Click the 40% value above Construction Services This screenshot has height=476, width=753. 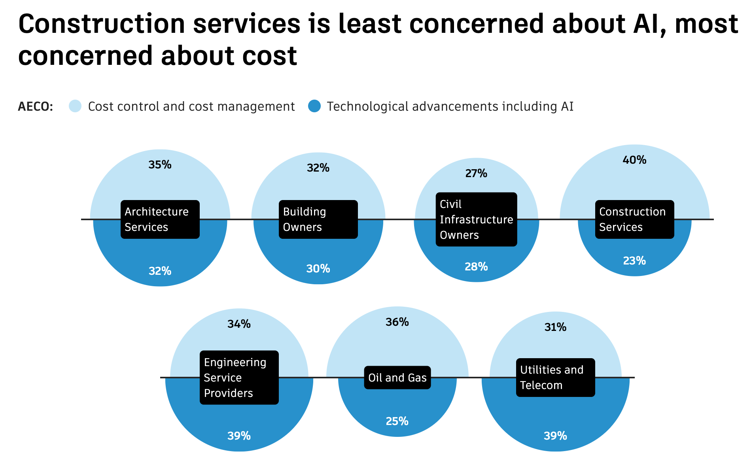click(x=634, y=160)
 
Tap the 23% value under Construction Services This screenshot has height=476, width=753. click(x=634, y=261)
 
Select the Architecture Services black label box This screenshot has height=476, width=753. click(x=160, y=219)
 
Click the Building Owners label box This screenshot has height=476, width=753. click(x=318, y=219)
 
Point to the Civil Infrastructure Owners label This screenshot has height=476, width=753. click(x=476, y=219)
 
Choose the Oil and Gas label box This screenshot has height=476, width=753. click(x=397, y=378)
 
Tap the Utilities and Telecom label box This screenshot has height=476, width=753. click(x=555, y=378)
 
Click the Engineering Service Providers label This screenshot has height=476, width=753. click(x=239, y=378)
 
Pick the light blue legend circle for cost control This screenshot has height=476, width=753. click(x=75, y=106)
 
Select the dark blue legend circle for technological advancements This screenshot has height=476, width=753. click(x=314, y=106)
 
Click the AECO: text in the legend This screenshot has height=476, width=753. click(x=36, y=107)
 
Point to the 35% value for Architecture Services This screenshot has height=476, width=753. click(x=160, y=165)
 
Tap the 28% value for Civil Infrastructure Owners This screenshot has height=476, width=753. click(x=476, y=267)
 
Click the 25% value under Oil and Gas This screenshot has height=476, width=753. click(x=397, y=421)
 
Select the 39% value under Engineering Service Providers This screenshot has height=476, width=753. click(x=239, y=436)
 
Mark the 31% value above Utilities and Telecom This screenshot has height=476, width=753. click(x=555, y=327)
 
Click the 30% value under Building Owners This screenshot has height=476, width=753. click(x=318, y=269)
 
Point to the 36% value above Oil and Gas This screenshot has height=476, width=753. click(x=397, y=322)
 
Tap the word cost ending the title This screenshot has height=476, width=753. click(x=269, y=56)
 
